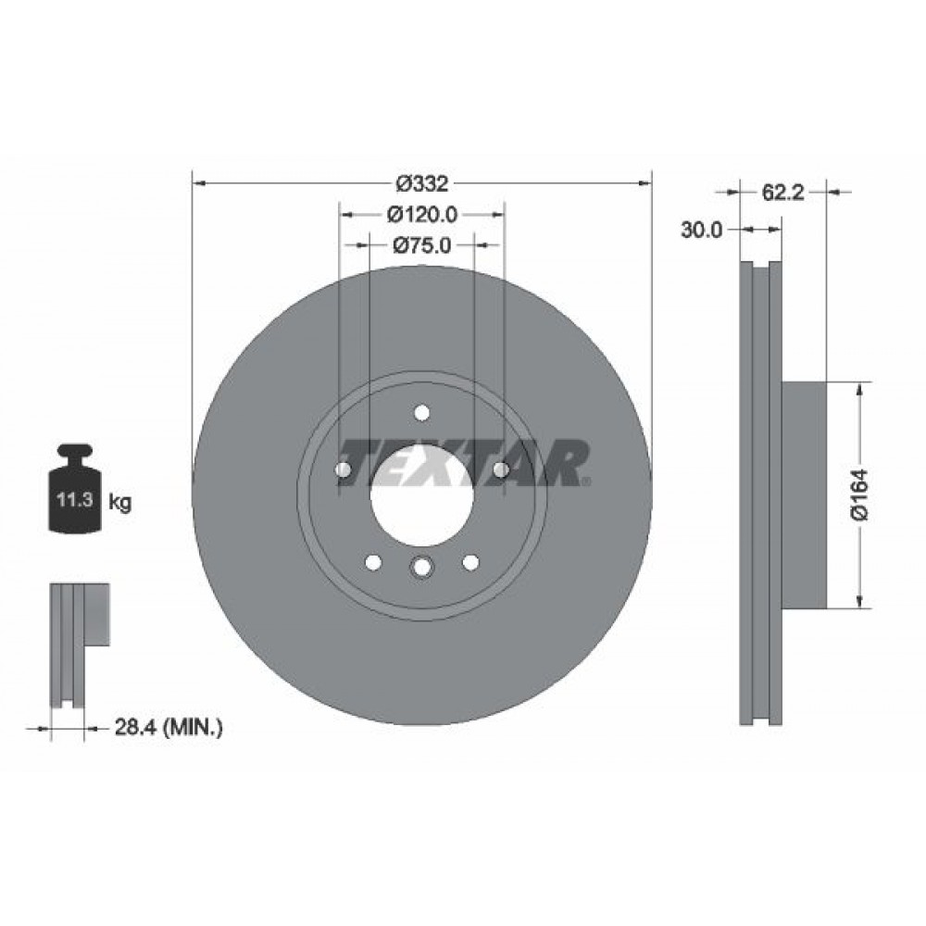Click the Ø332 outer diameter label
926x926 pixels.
pyautogui.click(x=421, y=183)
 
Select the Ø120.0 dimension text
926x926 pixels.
pyautogui.click(x=421, y=215)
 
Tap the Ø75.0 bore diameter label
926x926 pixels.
pyautogui.click(x=421, y=245)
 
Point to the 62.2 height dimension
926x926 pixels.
pyautogui.click(x=782, y=193)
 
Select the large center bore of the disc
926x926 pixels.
pyautogui.click(x=421, y=491)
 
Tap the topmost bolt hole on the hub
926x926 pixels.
pyautogui.click(x=422, y=413)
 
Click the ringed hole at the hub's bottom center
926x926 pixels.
pyautogui.click(x=421, y=567)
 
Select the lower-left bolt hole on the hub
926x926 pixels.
pyautogui.click(x=374, y=562)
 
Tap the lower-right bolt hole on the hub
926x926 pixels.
pyautogui.click(x=469, y=562)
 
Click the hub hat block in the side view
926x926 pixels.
pyautogui.click(x=803, y=495)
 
